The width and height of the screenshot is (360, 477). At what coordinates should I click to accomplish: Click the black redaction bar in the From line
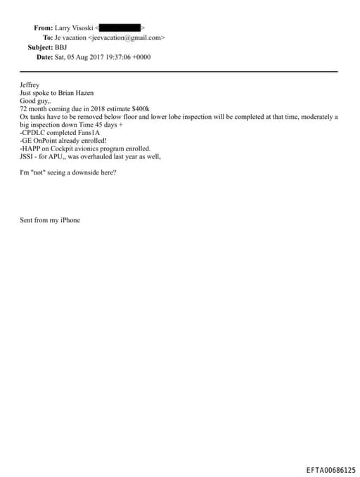point(124,27)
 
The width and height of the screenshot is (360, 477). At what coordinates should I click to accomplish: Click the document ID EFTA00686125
point(330,469)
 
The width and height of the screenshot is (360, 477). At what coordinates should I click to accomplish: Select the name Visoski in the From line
point(86,27)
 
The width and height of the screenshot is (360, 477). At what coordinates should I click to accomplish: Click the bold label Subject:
point(40,46)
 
